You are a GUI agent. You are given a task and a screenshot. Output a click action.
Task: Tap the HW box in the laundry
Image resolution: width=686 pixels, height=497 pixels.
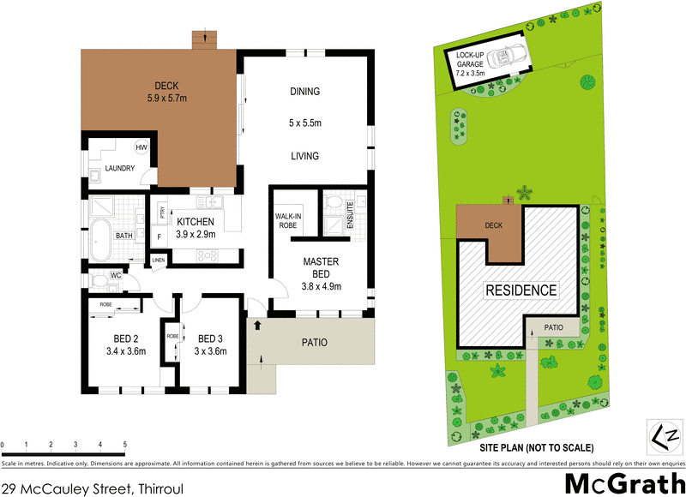click(x=140, y=147)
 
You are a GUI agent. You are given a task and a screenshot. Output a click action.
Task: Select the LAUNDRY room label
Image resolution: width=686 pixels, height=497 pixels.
click(x=120, y=168)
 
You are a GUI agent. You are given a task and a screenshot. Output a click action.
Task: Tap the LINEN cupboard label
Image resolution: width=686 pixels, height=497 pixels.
click(x=158, y=260)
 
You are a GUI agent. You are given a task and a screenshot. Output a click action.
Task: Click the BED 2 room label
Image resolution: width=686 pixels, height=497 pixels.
click(x=123, y=344)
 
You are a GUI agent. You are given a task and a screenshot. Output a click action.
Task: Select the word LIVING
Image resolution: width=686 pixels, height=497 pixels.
click(x=304, y=156)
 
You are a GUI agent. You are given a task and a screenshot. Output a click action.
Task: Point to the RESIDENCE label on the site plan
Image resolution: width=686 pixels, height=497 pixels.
click(x=521, y=290)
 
